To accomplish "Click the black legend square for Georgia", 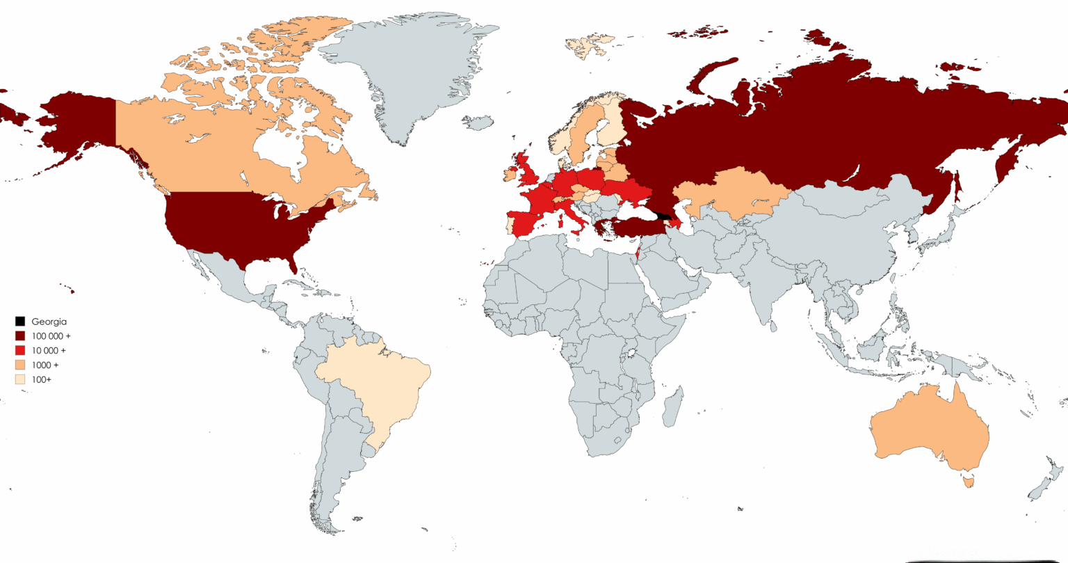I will pos(20,322).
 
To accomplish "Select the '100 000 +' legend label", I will pos(51,336).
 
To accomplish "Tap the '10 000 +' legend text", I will pos(49,351).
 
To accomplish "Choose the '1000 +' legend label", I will pos(45,365).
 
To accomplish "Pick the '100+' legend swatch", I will pos(20,379).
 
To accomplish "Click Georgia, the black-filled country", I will pos(663,217).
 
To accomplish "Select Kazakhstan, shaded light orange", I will pos(730,191).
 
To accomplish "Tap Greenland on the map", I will pos(410,70).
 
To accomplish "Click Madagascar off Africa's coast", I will pos(672,407).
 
